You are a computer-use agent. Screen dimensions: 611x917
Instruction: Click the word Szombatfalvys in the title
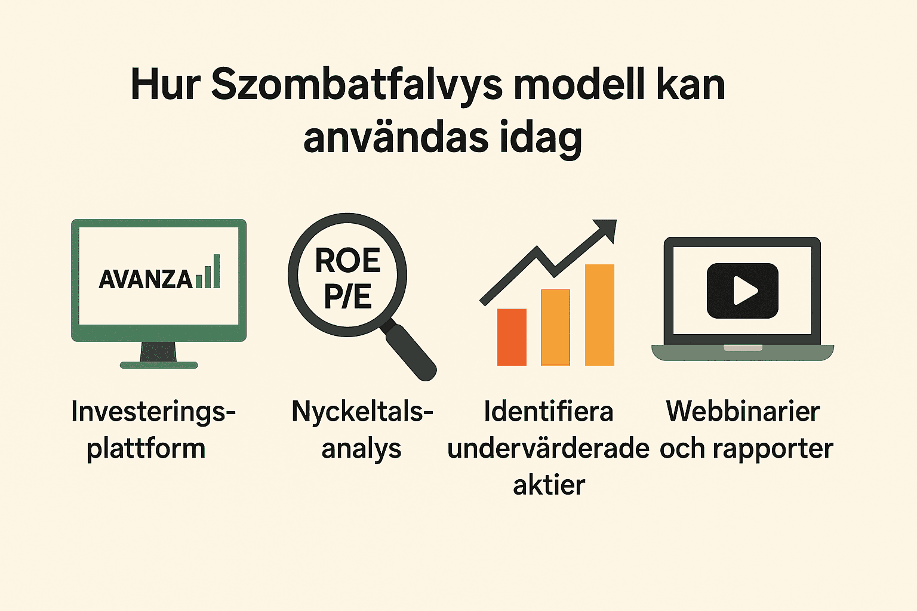click(357, 85)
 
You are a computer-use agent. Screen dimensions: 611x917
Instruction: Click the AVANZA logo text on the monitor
click(146, 279)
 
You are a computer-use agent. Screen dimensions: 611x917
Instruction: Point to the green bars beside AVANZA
click(208, 273)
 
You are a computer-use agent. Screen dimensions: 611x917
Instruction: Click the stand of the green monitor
click(158, 353)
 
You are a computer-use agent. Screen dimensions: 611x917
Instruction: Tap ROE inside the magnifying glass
click(347, 261)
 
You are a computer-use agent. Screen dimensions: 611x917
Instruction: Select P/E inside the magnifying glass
click(347, 297)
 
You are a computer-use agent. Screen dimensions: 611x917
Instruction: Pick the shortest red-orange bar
click(512, 337)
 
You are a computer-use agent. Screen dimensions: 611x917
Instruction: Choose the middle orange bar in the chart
click(555, 327)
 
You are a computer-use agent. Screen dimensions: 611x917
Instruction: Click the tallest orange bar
click(599, 314)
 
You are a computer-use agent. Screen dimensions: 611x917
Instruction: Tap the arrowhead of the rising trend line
click(607, 229)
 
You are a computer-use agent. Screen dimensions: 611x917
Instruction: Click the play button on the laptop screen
click(742, 291)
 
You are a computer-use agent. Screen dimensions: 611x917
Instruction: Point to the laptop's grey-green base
click(742, 353)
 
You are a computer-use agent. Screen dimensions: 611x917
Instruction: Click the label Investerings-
click(153, 412)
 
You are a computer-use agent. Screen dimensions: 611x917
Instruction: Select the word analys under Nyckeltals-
click(361, 449)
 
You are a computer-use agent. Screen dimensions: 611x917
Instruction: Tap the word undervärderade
click(548, 449)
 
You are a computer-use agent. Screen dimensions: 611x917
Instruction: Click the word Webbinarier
click(743, 412)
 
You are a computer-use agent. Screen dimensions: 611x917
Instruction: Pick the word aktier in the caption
click(549, 485)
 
